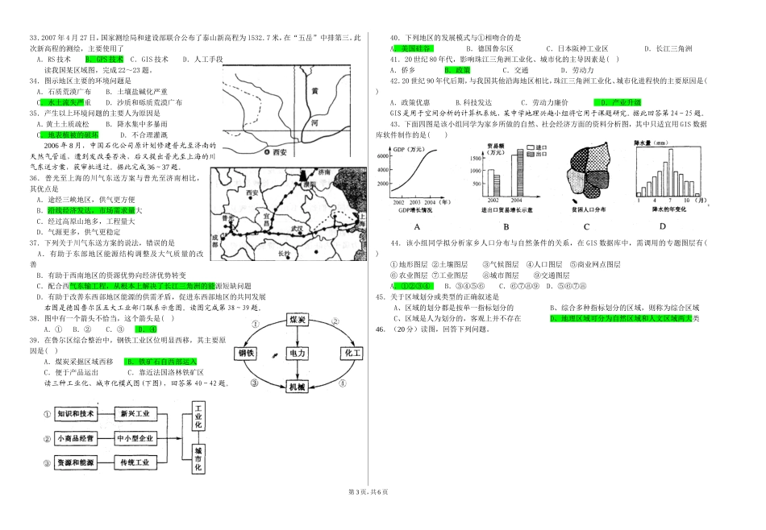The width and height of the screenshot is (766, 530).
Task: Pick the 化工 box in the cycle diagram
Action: point(348,353)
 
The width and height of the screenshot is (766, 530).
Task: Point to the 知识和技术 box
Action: point(75,414)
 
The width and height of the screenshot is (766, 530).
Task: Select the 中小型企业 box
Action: point(134,439)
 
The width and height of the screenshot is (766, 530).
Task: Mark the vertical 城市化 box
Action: point(198,458)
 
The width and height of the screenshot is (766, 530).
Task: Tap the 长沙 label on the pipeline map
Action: point(283,253)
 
